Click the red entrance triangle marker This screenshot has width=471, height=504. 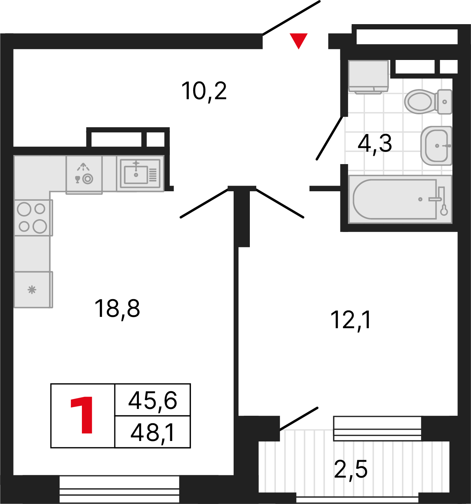pos(299,40)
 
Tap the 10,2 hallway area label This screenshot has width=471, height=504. pos(204,91)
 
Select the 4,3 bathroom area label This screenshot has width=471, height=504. pos(375,143)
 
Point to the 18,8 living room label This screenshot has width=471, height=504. pos(117,308)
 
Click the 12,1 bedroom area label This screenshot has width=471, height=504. pos(351,320)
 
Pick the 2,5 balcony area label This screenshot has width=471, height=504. pos(351,469)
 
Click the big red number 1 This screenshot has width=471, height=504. pos(83,415)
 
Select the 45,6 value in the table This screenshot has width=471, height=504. pos(152,400)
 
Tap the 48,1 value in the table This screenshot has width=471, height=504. pos(152,432)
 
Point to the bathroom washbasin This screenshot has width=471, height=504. pos(436,146)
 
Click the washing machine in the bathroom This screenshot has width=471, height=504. pos(368,77)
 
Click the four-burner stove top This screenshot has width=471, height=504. pos(32,218)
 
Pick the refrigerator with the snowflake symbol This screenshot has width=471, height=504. pos(32,289)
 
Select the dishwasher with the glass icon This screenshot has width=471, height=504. pos(84,175)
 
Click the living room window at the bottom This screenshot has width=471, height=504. pos(119,489)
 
